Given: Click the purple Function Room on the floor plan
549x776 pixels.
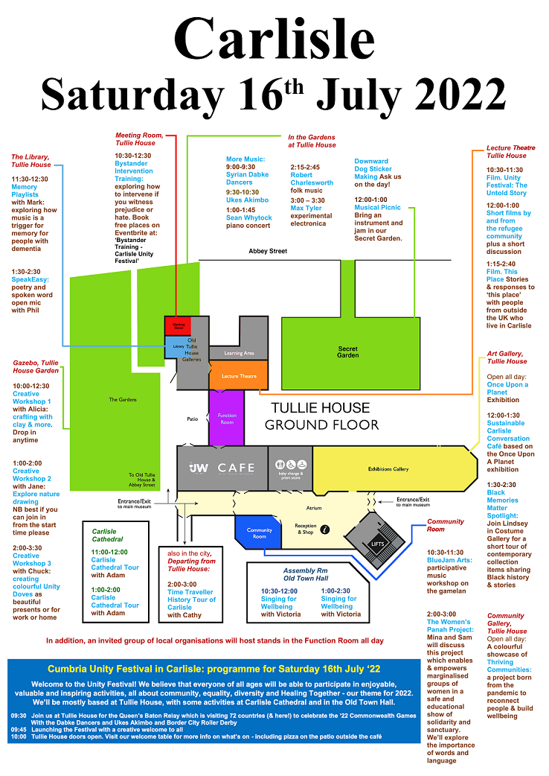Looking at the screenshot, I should click(x=226, y=419).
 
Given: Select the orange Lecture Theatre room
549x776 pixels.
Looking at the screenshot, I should click(x=239, y=376).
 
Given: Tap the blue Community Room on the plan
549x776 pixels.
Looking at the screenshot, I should click(x=259, y=533).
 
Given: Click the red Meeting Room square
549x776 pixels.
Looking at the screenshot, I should click(x=179, y=325).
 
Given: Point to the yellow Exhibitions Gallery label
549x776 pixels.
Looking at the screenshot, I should click(x=388, y=469).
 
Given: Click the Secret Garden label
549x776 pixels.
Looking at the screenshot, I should click(x=347, y=352).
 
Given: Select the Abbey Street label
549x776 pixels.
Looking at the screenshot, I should click(x=268, y=252).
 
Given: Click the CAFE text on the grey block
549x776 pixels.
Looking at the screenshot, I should click(x=236, y=468).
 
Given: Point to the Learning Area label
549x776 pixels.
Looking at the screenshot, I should click(x=239, y=353).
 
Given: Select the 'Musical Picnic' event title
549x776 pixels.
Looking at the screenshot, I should click(x=377, y=207).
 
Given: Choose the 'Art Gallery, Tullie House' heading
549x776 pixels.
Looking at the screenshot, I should click(x=507, y=357).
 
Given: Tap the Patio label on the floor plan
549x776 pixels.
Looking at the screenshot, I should click(x=193, y=419).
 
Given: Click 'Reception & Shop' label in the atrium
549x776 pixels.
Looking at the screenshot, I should click(x=306, y=529).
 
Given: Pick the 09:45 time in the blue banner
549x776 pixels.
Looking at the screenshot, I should click(x=19, y=729).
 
